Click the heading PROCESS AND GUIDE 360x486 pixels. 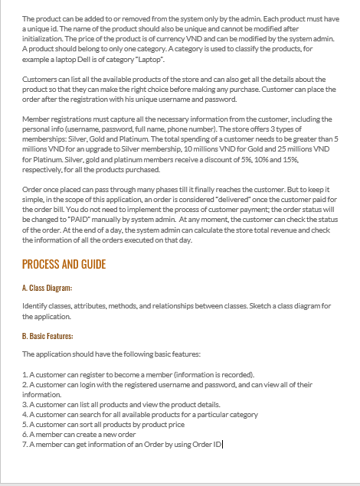[64, 265]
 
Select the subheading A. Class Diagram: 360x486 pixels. [47, 288]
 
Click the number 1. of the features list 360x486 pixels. [25, 375]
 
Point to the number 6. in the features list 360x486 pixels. [25, 433]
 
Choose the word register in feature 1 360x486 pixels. [83, 375]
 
